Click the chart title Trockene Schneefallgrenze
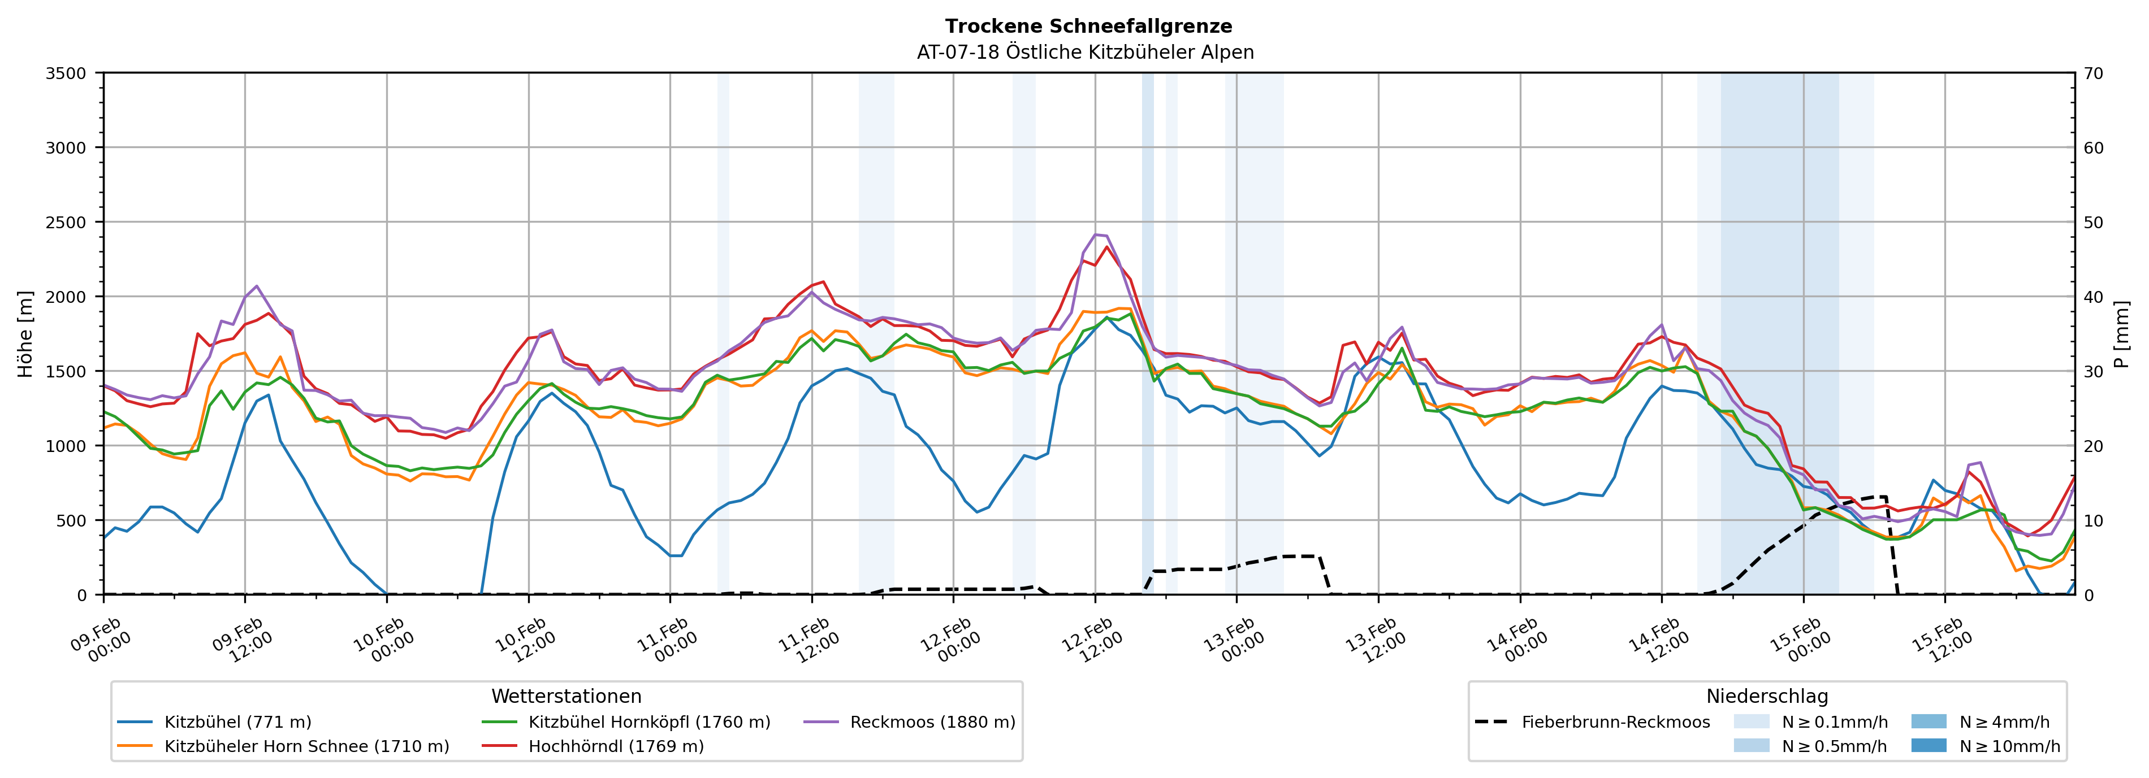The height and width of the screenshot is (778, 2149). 1088,27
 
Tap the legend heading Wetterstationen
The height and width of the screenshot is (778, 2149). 567,696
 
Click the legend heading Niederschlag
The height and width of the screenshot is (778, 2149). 1767,696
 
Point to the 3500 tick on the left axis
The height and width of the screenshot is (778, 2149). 66,73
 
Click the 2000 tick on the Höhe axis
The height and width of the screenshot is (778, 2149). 66,297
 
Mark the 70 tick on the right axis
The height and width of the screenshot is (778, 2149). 2094,73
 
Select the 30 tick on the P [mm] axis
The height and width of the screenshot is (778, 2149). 2094,372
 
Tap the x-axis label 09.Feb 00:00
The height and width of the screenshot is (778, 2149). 98,640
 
